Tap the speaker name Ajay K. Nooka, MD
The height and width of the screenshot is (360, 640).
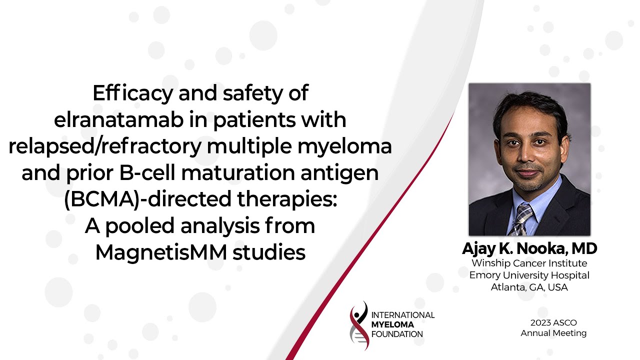pos(529,248)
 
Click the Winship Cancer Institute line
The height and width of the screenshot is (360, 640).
pos(529,263)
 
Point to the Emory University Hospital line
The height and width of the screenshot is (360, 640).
pos(529,275)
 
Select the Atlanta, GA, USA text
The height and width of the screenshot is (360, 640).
pos(529,287)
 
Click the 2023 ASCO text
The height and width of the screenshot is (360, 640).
pos(553,323)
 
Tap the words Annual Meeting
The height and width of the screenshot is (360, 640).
pos(553,333)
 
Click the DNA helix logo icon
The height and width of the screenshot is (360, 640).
pos(359,325)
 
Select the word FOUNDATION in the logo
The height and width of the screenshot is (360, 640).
pos(397,334)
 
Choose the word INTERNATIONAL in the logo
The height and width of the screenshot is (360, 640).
pos(403,315)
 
